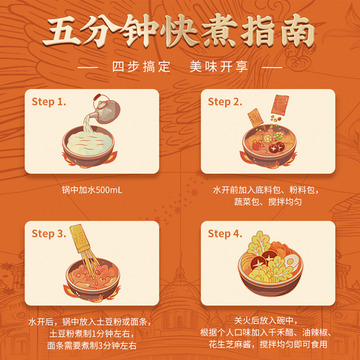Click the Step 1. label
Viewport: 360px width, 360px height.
coord(49,102)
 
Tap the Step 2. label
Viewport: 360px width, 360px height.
coord(225,102)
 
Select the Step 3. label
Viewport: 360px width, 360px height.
coord(49,234)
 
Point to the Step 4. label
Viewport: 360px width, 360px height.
coord(225,234)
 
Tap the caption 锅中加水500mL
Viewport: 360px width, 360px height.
coord(92,190)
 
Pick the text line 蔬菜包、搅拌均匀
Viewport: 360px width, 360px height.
coord(267,202)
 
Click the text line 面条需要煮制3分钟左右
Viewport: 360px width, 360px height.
coord(92,346)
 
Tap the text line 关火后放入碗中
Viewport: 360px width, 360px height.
coord(267,321)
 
